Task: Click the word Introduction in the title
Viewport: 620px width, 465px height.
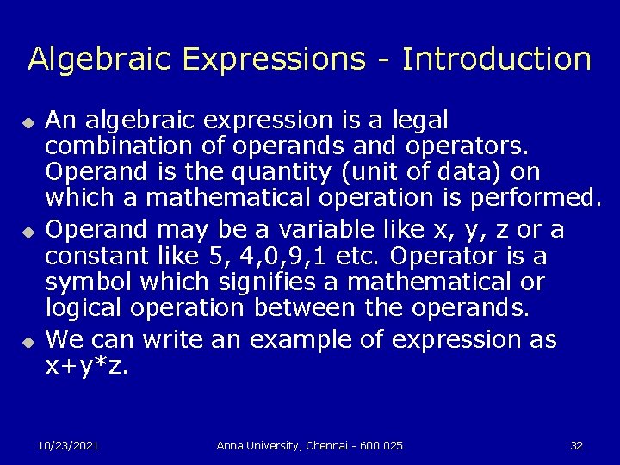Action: pos(497,59)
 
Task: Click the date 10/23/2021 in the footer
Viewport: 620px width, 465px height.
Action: pos(68,445)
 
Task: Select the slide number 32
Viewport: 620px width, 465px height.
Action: pos(576,445)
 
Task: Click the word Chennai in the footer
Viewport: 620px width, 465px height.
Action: pos(329,445)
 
